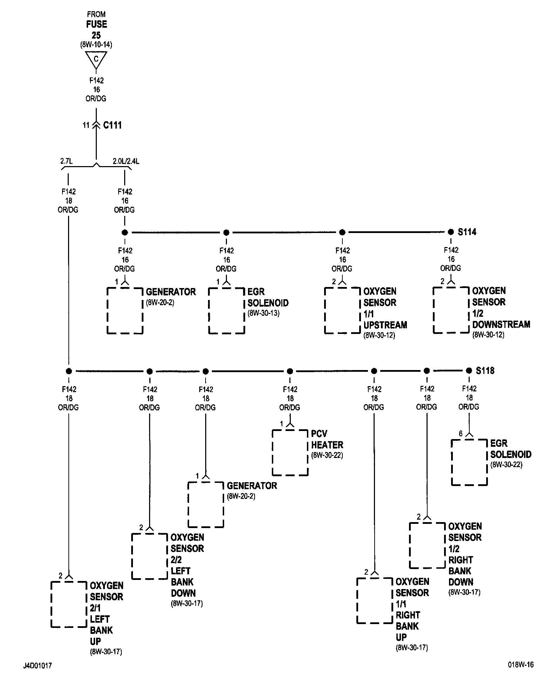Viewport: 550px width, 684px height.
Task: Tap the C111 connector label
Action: point(112,125)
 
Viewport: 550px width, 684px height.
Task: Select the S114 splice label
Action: point(467,232)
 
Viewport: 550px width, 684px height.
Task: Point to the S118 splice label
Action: point(485,370)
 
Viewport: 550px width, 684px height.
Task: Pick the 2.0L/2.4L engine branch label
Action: point(126,161)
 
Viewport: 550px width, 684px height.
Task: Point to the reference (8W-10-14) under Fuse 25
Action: point(96,45)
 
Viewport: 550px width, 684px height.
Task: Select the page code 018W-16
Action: point(521,665)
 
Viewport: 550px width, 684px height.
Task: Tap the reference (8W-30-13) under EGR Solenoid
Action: point(263,313)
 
